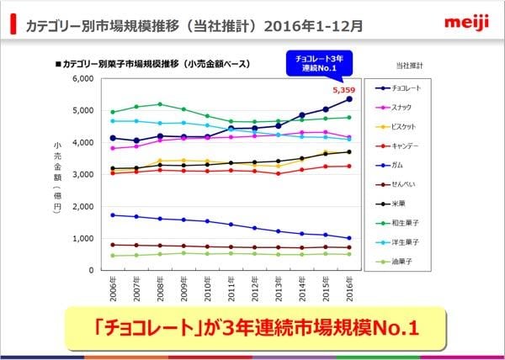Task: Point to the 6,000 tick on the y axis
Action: tap(82, 78)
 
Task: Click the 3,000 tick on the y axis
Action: tap(82, 174)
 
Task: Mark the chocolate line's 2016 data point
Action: tap(349, 98)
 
